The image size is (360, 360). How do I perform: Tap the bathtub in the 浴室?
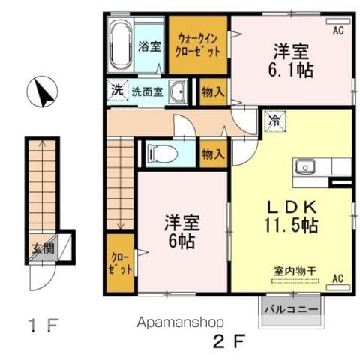point(121,45)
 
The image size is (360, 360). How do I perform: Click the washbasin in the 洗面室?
point(178,91)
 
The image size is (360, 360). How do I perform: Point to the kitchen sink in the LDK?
point(305,166)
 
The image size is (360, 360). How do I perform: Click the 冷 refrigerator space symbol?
point(275,121)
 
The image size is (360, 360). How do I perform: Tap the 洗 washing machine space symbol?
point(117,91)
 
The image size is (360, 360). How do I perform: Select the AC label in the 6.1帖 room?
point(338,31)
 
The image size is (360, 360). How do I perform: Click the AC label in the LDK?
point(337,278)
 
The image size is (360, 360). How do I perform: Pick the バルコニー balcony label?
point(292,309)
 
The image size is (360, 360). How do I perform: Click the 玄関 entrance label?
point(43,249)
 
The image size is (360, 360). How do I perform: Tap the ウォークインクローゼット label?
point(198,46)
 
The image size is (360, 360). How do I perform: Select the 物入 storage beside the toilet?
point(213,154)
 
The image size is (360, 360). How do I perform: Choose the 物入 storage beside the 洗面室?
point(213,91)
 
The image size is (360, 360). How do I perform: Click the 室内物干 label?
point(295,271)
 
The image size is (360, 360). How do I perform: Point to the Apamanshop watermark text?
point(180,322)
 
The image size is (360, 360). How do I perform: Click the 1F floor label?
point(43,325)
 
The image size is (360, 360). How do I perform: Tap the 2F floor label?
point(229,341)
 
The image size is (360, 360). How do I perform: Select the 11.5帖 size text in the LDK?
point(291,226)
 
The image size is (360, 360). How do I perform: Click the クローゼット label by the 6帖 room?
point(120,263)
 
